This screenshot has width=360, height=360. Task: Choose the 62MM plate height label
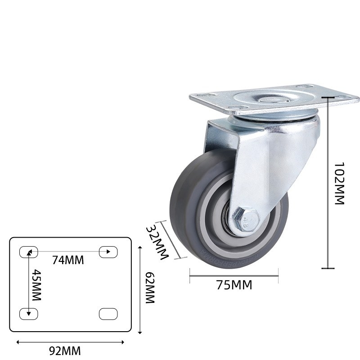pos(150,288)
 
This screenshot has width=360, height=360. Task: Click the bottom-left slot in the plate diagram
pos(28,314)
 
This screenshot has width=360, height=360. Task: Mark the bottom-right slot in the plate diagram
pos(108,314)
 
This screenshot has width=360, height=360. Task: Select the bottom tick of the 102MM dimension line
pos(328,268)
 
